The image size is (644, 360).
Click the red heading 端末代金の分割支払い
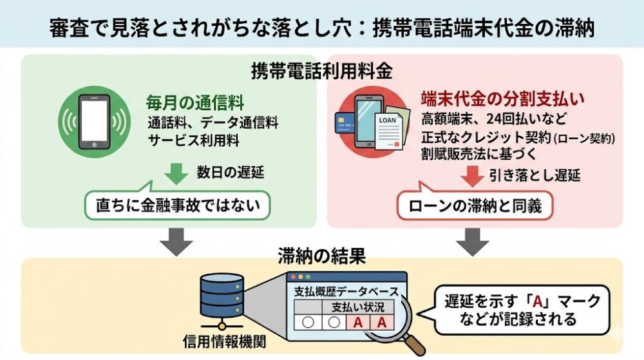click(x=502, y=98)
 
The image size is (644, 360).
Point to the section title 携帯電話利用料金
click(x=321, y=70)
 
